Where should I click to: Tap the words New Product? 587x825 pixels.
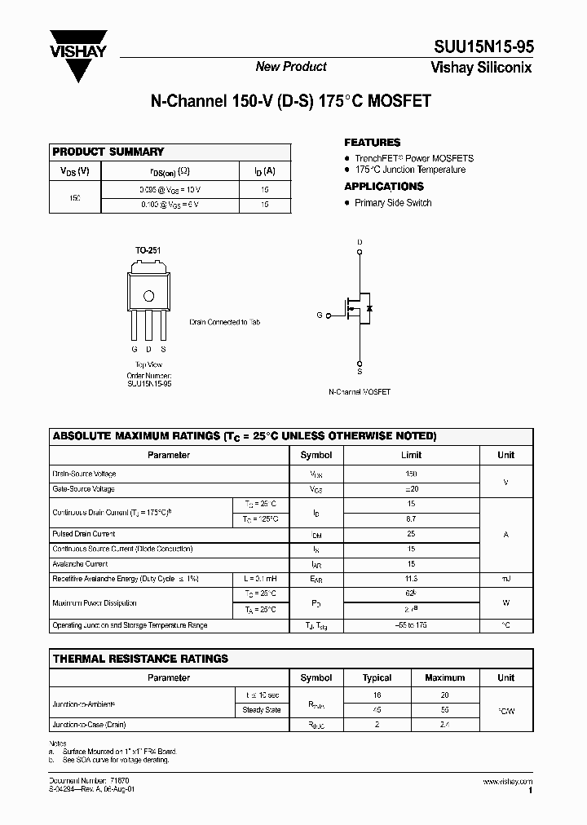pyautogui.click(x=291, y=67)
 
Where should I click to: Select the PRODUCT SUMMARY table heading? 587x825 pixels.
pyautogui.click(x=108, y=152)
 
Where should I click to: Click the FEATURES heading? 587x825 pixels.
pyautogui.click(x=372, y=142)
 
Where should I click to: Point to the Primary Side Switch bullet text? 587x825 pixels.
pyautogui.click(x=393, y=203)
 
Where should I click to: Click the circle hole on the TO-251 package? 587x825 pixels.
pyautogui.click(x=148, y=296)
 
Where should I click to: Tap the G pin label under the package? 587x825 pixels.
pyautogui.click(x=134, y=351)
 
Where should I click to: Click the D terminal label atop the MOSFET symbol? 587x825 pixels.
pyautogui.click(x=360, y=242)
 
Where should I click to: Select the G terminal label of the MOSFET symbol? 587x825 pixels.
pyautogui.click(x=320, y=315)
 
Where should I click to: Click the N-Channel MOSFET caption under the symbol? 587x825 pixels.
pyautogui.click(x=360, y=392)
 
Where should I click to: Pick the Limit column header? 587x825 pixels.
pyautogui.click(x=411, y=455)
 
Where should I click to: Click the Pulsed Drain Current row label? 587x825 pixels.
pyautogui.click(x=84, y=534)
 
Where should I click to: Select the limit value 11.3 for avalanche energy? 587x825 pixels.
pyautogui.click(x=411, y=579)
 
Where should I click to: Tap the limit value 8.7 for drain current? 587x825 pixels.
pyautogui.click(x=411, y=518)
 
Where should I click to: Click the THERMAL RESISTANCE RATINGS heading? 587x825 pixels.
pyautogui.click(x=140, y=659)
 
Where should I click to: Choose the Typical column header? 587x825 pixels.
pyautogui.click(x=377, y=677)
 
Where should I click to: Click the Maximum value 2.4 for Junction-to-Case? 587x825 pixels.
pyautogui.click(x=444, y=725)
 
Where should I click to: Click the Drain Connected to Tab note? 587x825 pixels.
pyautogui.click(x=224, y=323)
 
